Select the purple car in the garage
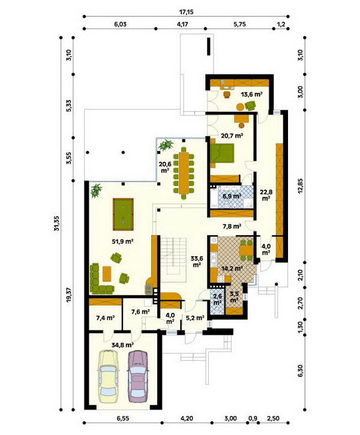[138, 376]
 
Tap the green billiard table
[123, 214]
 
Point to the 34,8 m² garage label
[122, 345]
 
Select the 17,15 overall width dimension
[187, 12]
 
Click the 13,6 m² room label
[251, 94]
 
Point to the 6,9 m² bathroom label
[232, 196]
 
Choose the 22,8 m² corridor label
[266, 195]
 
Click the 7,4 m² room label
[106, 318]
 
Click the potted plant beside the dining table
[166, 145]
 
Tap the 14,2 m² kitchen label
[232, 269]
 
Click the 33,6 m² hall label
[197, 262]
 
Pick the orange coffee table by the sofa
[107, 274]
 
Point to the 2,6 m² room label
[217, 299]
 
